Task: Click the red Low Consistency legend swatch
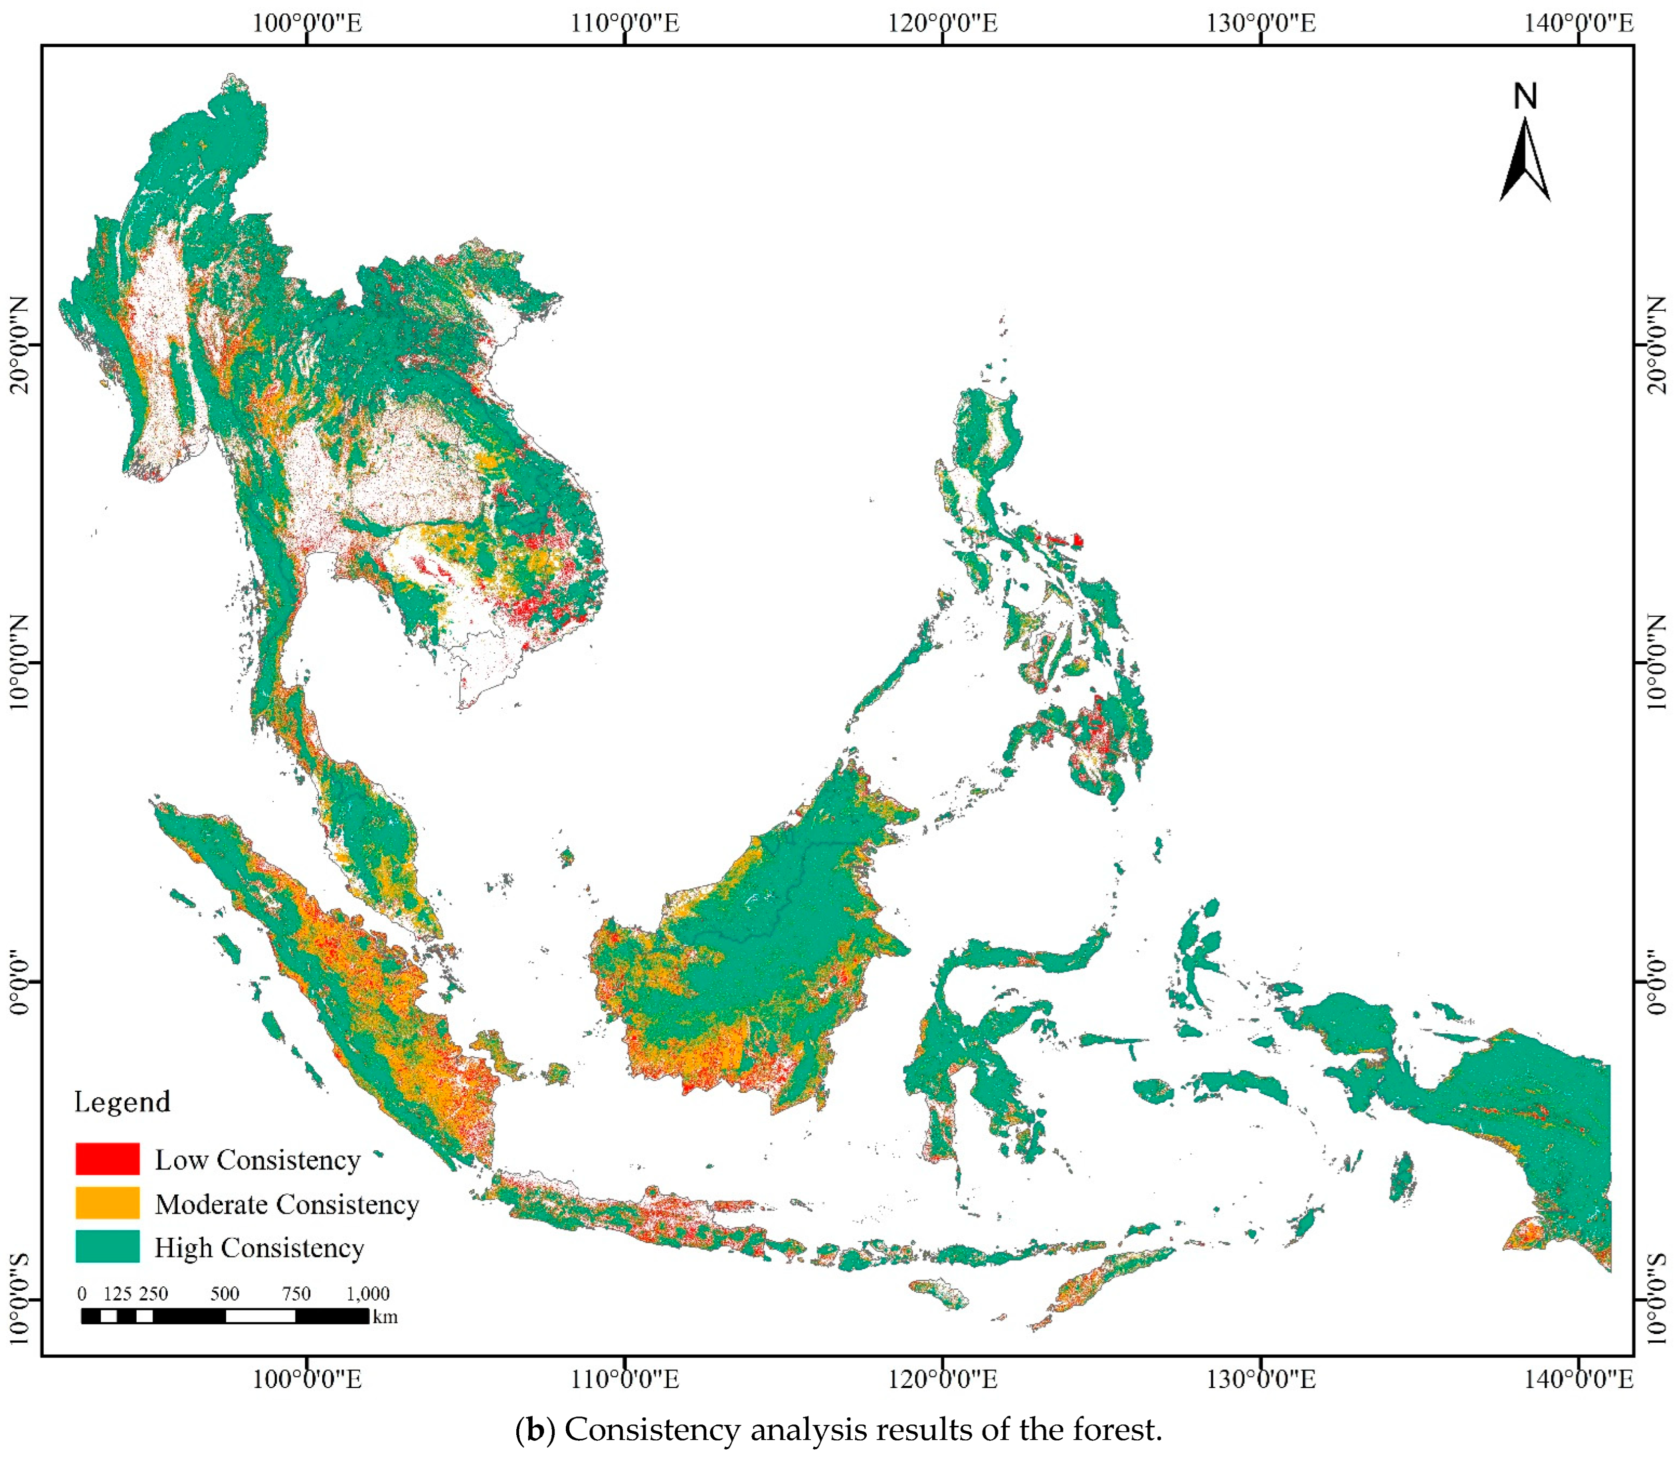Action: click(107, 1159)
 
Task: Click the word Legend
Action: click(122, 1102)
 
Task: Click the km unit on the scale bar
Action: click(385, 1316)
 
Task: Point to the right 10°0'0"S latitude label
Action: click(1655, 1300)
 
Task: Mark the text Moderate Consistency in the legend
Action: click(287, 1203)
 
